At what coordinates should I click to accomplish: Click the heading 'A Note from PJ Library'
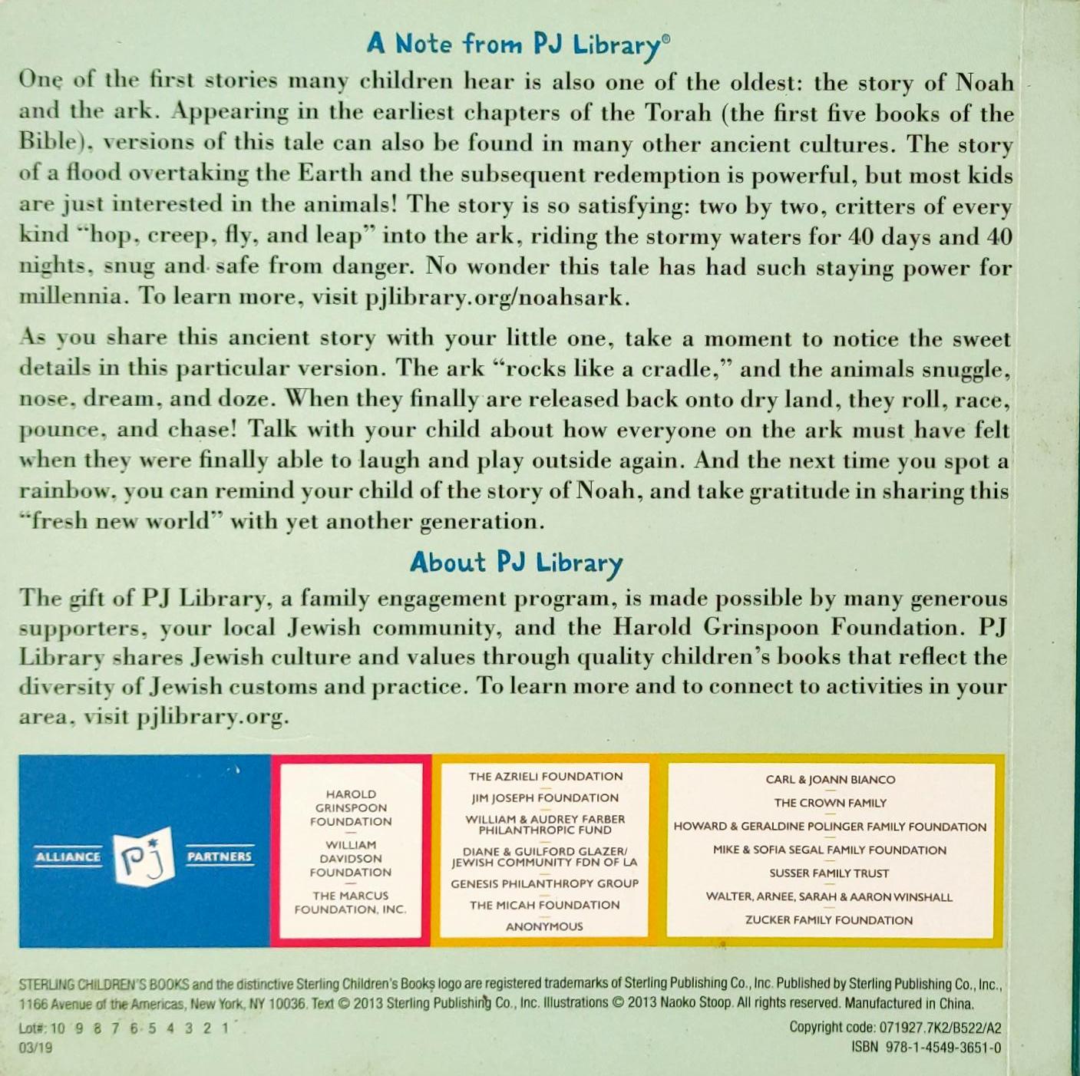tap(518, 45)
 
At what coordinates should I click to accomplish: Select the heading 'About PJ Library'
tap(517, 563)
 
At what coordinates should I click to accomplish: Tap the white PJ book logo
tap(144, 857)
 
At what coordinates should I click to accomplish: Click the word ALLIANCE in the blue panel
tap(68, 857)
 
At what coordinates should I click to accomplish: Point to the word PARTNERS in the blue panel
tap(219, 857)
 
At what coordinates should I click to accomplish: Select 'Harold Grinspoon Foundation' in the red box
tap(351, 807)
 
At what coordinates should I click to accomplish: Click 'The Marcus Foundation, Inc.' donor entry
tap(351, 903)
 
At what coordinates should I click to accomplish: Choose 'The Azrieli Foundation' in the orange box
tap(546, 777)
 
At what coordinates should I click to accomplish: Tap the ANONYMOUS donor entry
tap(544, 926)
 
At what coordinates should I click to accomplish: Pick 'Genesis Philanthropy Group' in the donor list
tap(545, 883)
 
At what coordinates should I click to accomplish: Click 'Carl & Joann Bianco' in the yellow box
tap(831, 780)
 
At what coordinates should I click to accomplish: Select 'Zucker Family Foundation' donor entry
tap(829, 920)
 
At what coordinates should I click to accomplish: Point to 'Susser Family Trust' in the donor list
tap(829, 873)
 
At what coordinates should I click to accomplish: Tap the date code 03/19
tap(36, 1048)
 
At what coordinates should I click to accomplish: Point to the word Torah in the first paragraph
tap(678, 113)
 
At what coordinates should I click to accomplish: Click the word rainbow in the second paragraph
tap(68, 491)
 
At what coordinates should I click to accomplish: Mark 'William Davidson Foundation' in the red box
tap(351, 859)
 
